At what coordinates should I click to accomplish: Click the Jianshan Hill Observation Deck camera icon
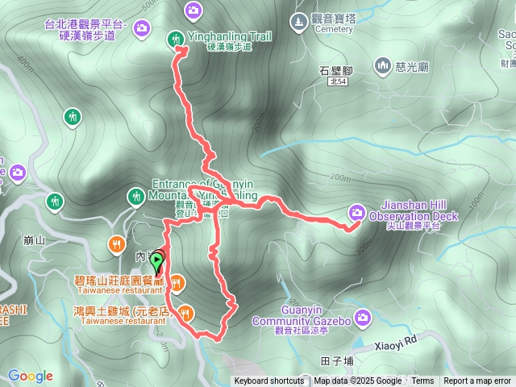(356, 213)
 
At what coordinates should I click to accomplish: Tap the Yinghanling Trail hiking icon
(175, 38)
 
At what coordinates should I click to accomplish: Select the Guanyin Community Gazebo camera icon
(364, 317)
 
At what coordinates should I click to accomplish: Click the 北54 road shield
(339, 82)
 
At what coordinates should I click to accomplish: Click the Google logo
(31, 376)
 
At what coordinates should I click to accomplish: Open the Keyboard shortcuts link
(269, 381)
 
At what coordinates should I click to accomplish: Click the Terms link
(422, 381)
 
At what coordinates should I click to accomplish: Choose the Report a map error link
(477, 381)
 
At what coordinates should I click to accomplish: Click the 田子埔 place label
(336, 360)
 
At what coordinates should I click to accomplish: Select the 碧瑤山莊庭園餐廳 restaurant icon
(177, 282)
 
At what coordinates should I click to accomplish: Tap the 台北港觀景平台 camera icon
(142, 29)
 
